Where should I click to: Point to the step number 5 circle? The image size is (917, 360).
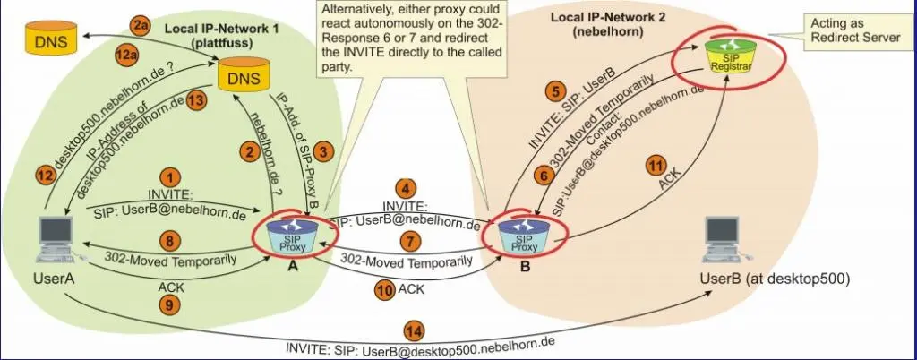point(555,90)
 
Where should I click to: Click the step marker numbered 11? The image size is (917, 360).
point(657,167)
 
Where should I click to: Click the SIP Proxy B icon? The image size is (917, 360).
point(524,234)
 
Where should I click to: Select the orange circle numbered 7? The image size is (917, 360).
point(410,242)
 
